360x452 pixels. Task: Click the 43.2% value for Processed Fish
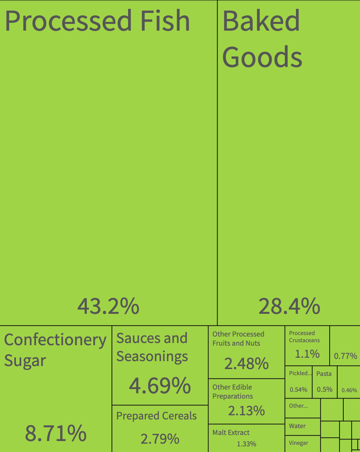point(108,306)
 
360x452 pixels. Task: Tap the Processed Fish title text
point(97,21)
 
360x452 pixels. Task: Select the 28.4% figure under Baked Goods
point(290,306)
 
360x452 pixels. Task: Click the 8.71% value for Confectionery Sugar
point(56,433)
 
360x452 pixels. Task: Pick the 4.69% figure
point(160,386)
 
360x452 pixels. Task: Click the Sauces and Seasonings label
point(152,348)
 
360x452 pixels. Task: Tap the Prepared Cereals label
point(157,416)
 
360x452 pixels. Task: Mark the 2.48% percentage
point(246,363)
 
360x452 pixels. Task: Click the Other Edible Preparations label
point(233,391)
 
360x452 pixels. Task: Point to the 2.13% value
point(246,411)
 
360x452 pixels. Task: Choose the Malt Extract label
point(231,432)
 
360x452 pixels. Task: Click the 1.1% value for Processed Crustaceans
point(307,354)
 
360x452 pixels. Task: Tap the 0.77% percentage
point(346,356)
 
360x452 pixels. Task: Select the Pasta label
point(324,374)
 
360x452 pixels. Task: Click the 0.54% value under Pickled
point(298,390)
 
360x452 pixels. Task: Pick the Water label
point(297,426)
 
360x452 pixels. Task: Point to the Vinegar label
point(299,443)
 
